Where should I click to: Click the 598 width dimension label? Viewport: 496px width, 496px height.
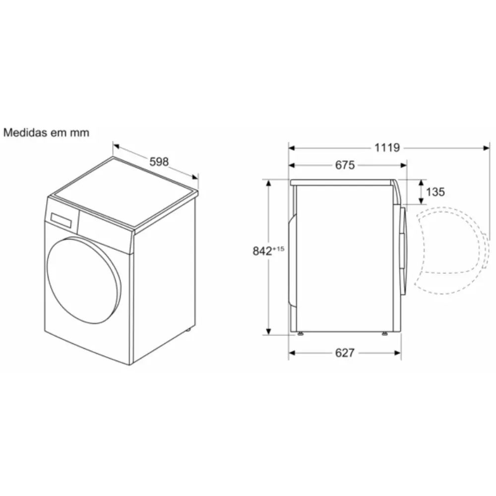[x=159, y=162]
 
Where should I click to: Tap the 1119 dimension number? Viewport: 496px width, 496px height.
[x=387, y=148]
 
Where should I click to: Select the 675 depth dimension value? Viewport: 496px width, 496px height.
[x=345, y=165]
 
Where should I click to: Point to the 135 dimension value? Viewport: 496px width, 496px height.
[x=435, y=191]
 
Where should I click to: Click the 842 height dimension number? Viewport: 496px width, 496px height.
[x=262, y=251]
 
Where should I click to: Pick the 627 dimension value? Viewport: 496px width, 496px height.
[x=345, y=353]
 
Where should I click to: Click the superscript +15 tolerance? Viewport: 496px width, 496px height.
[x=278, y=249]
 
